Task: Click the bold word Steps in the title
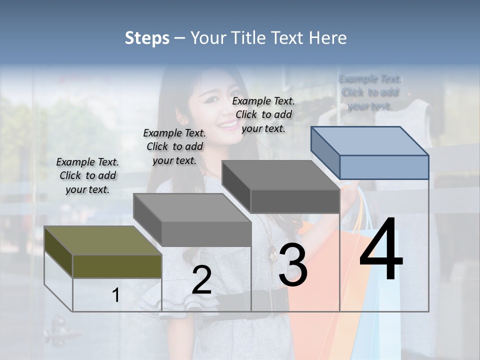click(147, 38)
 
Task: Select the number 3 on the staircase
click(293, 265)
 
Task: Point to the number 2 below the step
click(201, 280)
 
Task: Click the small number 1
click(115, 295)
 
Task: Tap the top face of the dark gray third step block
click(280, 175)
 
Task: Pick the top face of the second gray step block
click(192, 208)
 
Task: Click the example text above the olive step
click(87, 175)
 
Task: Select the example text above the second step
click(174, 146)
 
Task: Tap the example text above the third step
click(263, 114)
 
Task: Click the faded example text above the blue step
click(370, 92)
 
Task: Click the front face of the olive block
click(117, 266)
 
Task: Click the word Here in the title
click(327, 38)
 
